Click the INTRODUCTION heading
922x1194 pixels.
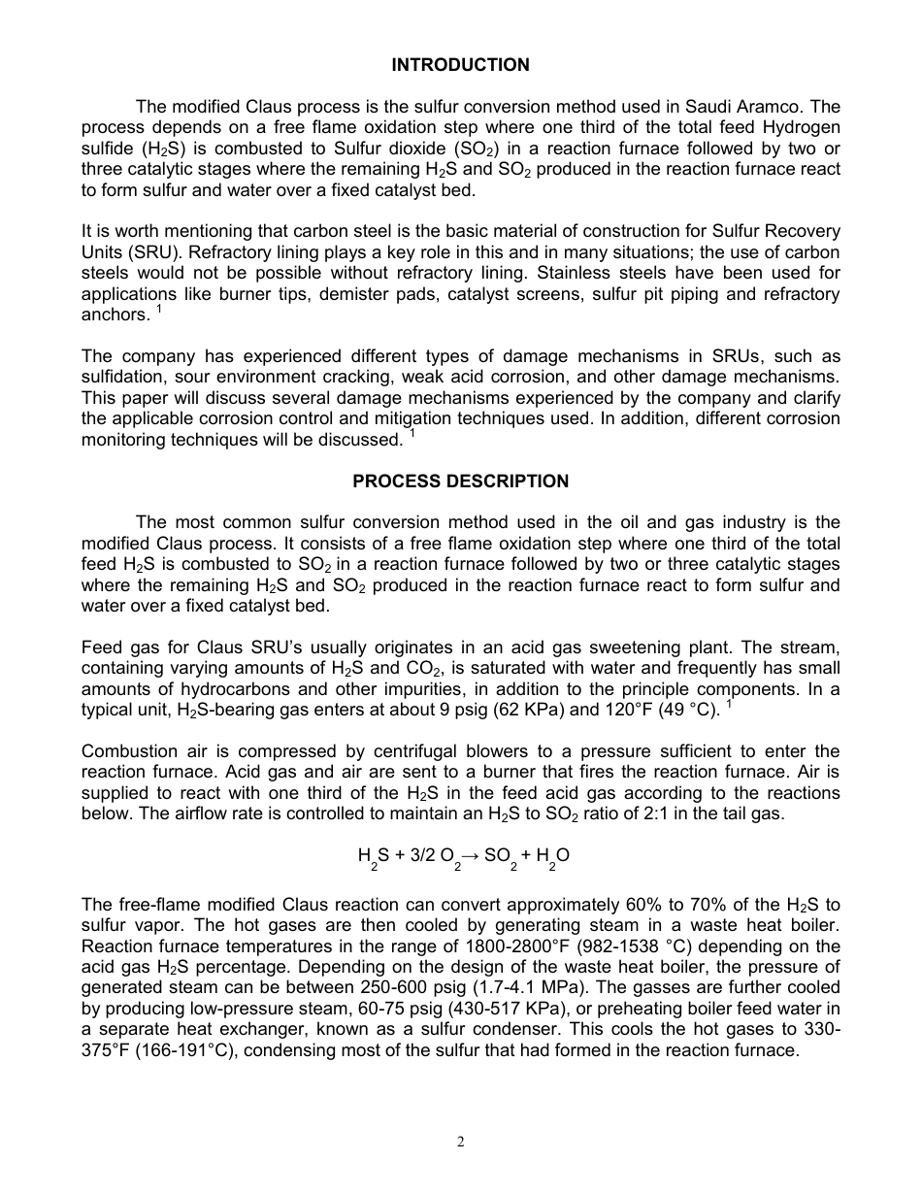point(460,65)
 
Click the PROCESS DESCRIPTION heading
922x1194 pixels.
point(460,481)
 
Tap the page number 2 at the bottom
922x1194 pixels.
point(461,1142)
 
